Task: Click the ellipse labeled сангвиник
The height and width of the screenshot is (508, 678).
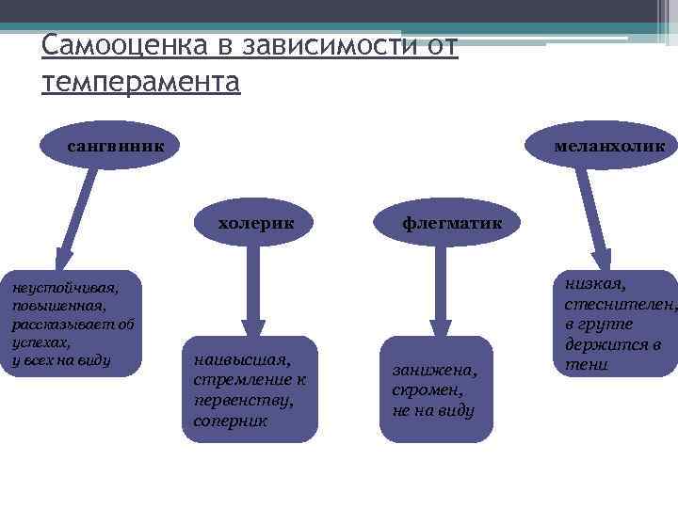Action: (115, 147)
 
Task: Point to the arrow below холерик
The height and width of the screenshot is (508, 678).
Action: (252, 292)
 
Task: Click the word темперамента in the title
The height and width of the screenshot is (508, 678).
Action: (141, 82)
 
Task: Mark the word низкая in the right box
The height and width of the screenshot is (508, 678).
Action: (595, 284)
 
